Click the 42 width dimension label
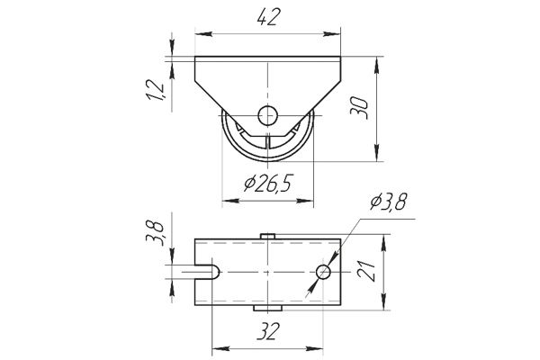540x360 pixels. pos(267,17)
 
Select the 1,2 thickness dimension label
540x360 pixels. pos(156,90)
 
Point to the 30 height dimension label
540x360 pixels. pos(359,108)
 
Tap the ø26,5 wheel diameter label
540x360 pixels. pos(268,184)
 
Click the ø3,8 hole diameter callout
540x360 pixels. pos(389,202)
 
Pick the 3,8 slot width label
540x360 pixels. pos(154,234)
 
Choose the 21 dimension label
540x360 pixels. pos(366,271)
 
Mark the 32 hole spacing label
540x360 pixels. pos(268,331)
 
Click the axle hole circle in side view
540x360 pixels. pos(267,115)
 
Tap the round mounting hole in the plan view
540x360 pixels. pos(323,272)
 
